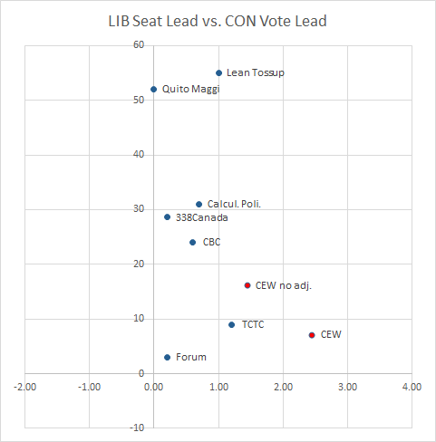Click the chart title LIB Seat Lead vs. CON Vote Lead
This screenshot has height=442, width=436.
pos(218,21)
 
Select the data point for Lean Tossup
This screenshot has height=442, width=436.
pos(218,72)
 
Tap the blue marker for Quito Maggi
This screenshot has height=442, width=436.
pos(153,89)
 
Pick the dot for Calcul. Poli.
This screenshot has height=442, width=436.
pos(199,204)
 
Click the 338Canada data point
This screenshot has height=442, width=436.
pos(167,216)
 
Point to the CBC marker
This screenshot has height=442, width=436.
pos(192,242)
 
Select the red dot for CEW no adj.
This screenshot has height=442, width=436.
pos(247,285)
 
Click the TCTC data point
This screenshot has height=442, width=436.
pos(231,324)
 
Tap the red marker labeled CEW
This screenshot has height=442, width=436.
pos(312,334)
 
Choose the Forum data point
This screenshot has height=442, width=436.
pos(167,357)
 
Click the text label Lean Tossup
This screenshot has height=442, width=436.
pos(255,72)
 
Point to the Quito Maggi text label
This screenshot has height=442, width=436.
pos(191,89)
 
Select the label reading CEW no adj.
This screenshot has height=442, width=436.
pos(284,285)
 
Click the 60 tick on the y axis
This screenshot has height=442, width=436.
pos(139,45)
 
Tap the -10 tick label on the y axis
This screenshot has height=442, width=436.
pos(137,428)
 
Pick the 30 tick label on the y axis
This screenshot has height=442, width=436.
pos(139,209)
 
